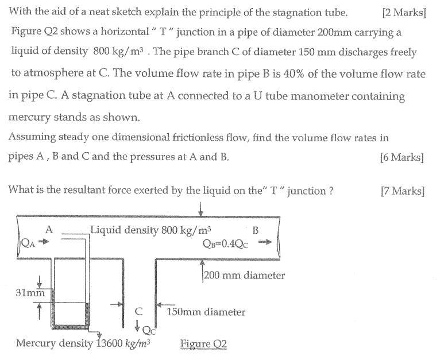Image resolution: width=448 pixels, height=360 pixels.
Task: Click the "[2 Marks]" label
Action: coord(403,12)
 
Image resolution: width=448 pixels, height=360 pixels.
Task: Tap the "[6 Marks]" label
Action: coord(402,157)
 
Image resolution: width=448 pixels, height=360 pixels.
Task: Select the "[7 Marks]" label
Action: coord(403,191)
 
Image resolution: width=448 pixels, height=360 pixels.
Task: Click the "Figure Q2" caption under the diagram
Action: coord(204,344)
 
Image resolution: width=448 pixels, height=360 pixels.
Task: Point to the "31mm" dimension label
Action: coord(30,293)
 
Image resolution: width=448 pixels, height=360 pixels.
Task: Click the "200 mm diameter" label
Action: coord(245,276)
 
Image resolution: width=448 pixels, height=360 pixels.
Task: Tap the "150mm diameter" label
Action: coord(206,312)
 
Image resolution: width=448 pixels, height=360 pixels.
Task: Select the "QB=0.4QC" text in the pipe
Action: coord(225,242)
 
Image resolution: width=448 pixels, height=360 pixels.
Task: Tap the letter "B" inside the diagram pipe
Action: coord(256,230)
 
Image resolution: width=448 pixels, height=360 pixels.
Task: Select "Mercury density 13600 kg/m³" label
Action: coord(83,343)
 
